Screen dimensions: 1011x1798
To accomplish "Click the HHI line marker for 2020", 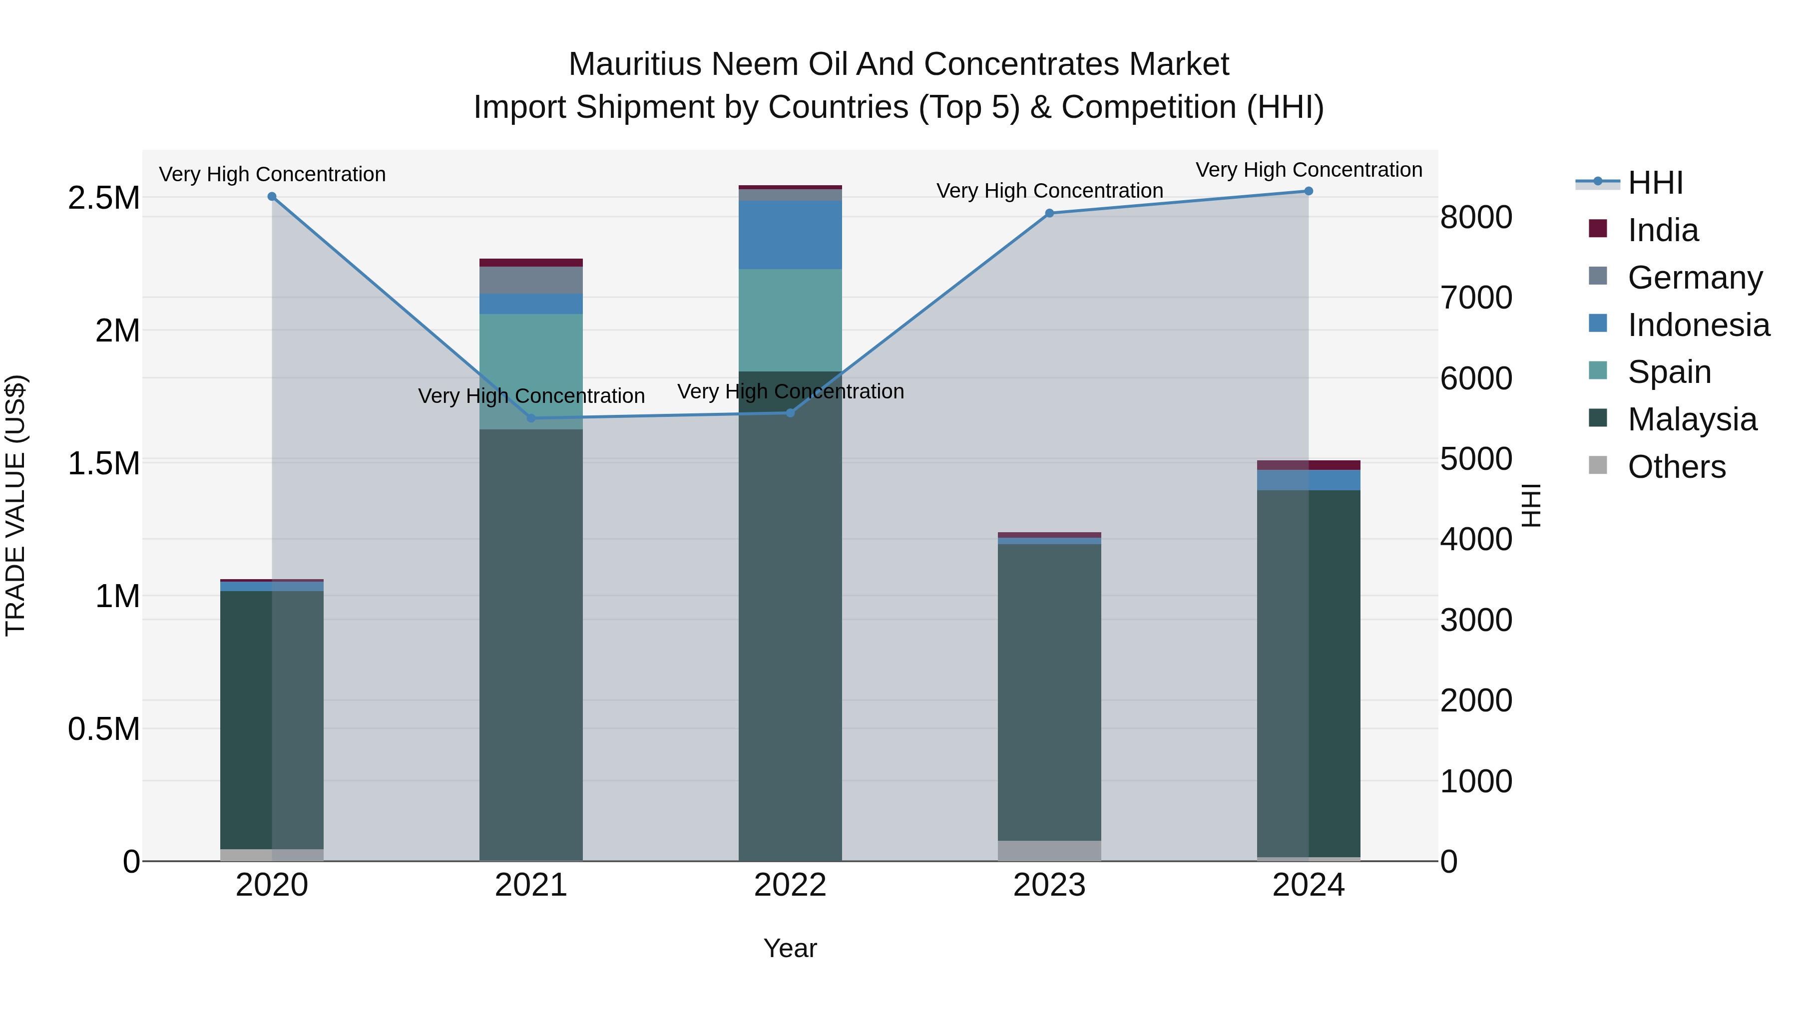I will [272, 197].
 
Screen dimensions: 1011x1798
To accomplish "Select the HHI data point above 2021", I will [531, 418].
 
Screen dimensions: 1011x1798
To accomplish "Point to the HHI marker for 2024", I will [1309, 191].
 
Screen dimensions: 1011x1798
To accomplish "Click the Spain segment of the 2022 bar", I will [790, 320].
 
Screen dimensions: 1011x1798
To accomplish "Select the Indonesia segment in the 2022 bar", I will [790, 235].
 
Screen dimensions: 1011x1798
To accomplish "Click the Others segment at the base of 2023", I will [1049, 851].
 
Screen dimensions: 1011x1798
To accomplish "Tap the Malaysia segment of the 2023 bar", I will [1049, 691].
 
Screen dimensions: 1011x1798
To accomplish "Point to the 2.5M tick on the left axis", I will [103, 198].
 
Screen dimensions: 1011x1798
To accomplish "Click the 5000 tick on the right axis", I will [1475, 459].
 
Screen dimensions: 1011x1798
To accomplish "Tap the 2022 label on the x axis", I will [790, 885].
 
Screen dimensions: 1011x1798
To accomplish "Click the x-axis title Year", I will [790, 948].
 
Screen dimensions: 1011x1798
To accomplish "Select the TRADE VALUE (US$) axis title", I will [15, 505].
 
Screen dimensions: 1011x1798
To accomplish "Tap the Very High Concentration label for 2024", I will [1309, 170].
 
